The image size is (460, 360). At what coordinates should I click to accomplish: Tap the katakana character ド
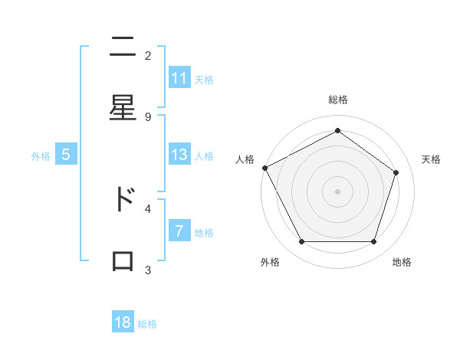(x=123, y=199)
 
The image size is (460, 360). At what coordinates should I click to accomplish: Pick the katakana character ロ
(x=123, y=260)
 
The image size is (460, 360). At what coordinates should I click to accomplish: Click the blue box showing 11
(x=179, y=78)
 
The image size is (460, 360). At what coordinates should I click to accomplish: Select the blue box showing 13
(x=179, y=155)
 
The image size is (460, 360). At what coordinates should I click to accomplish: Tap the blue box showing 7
(x=179, y=231)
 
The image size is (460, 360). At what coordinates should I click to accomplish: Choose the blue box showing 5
(x=66, y=155)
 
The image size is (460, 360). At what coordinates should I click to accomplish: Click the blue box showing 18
(x=123, y=322)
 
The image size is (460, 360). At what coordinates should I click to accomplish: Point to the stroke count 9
(x=148, y=116)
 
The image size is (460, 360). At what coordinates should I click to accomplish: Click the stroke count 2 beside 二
(x=148, y=55)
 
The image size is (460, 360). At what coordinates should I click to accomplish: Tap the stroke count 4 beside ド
(x=148, y=208)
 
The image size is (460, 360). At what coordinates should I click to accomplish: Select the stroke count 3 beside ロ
(x=148, y=270)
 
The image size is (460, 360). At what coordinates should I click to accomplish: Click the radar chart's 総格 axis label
(x=337, y=100)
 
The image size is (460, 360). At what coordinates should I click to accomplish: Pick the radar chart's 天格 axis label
(x=432, y=159)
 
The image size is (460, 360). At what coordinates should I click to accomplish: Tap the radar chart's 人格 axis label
(x=245, y=159)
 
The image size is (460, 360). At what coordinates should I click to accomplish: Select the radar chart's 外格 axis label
(x=270, y=262)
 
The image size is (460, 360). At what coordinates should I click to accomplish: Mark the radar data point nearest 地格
(x=373, y=242)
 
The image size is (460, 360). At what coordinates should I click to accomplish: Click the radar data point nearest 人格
(x=264, y=168)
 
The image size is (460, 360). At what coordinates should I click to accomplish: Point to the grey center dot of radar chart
(x=337, y=191)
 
